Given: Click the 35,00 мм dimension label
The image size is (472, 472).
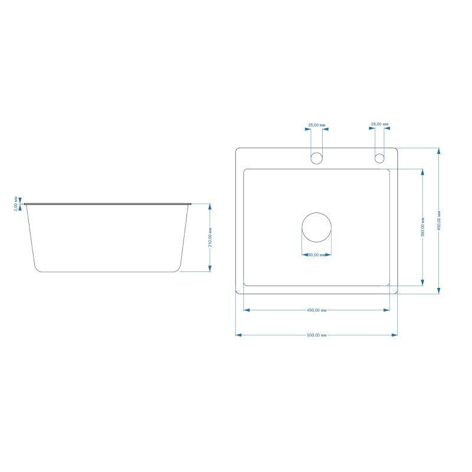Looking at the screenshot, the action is point(317,125).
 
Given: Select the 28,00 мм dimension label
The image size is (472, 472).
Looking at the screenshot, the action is point(379,124).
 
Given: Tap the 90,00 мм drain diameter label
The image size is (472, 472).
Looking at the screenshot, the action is point(317,255).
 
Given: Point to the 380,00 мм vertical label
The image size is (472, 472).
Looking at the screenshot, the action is point(422,227).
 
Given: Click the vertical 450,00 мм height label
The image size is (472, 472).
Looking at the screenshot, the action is point(439,221).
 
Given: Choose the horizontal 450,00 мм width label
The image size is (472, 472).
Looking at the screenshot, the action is point(317,310).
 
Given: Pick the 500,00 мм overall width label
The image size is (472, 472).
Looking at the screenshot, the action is point(317,335).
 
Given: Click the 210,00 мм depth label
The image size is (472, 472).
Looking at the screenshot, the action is point(210,238).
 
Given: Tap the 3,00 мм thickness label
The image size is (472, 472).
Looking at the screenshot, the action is point(16,204).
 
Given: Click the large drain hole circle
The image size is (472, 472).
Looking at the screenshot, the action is point(317,213).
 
